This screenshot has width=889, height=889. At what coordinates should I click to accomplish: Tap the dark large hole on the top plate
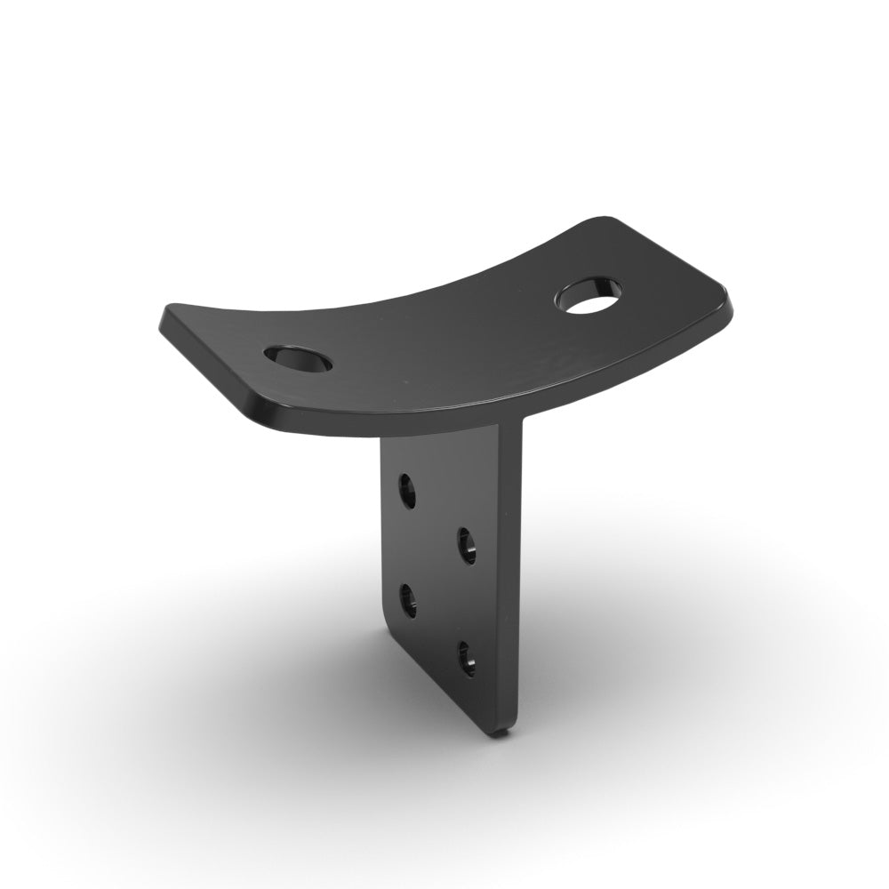click(x=299, y=358)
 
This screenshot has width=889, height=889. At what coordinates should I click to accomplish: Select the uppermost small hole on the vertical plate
click(x=407, y=491)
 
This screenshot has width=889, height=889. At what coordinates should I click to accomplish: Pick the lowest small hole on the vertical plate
click(x=467, y=659)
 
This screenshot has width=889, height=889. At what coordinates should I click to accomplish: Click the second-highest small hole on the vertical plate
click(x=466, y=544)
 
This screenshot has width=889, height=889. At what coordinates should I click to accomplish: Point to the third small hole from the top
click(x=408, y=600)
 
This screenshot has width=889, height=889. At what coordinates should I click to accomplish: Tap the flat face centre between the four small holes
click(x=436, y=573)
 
